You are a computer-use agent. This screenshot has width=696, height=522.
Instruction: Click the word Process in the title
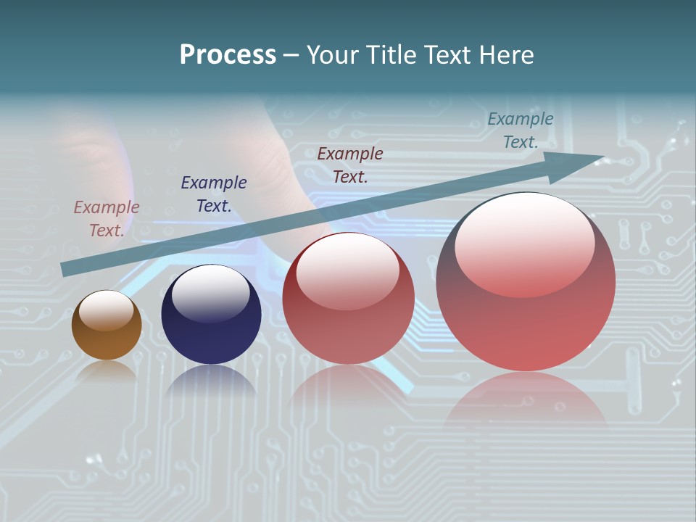[228, 55]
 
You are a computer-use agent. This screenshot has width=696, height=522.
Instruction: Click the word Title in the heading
[391, 55]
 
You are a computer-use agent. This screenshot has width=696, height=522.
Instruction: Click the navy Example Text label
[214, 194]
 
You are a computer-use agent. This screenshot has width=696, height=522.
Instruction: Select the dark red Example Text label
[350, 165]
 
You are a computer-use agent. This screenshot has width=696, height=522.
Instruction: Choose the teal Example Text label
[521, 130]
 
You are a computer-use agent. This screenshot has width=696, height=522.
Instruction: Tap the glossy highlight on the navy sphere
[210, 294]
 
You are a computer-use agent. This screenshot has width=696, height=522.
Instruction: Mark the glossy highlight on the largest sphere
[524, 243]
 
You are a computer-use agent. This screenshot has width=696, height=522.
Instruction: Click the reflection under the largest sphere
[526, 399]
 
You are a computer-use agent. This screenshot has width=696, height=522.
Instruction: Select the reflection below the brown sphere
[107, 370]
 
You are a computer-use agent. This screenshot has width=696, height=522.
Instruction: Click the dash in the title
[291, 56]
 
